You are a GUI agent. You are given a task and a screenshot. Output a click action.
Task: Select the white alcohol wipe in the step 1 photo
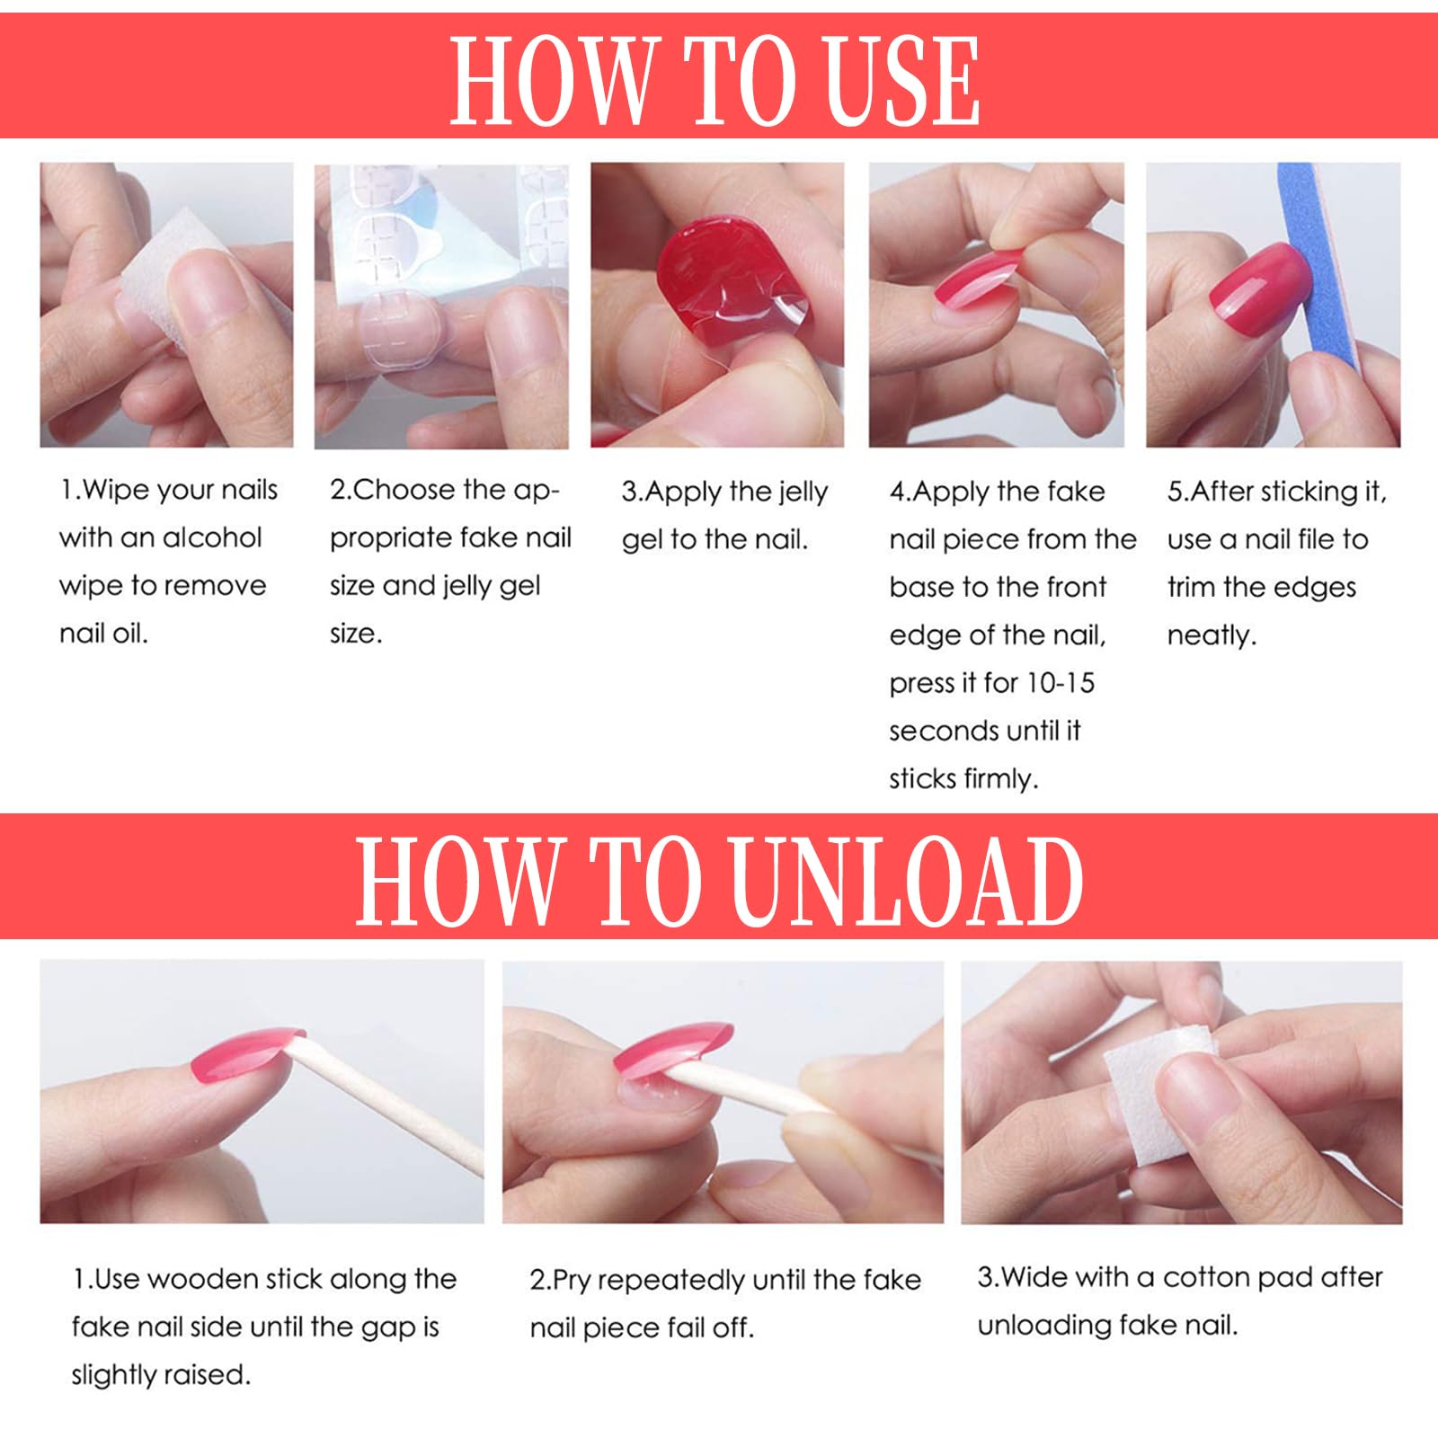click(x=166, y=270)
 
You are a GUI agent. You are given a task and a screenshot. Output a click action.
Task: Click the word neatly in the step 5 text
click(x=1210, y=635)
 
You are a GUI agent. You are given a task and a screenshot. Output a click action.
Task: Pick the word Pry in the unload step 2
click(x=573, y=1280)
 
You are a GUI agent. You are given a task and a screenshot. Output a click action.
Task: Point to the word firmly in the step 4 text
click(x=999, y=779)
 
